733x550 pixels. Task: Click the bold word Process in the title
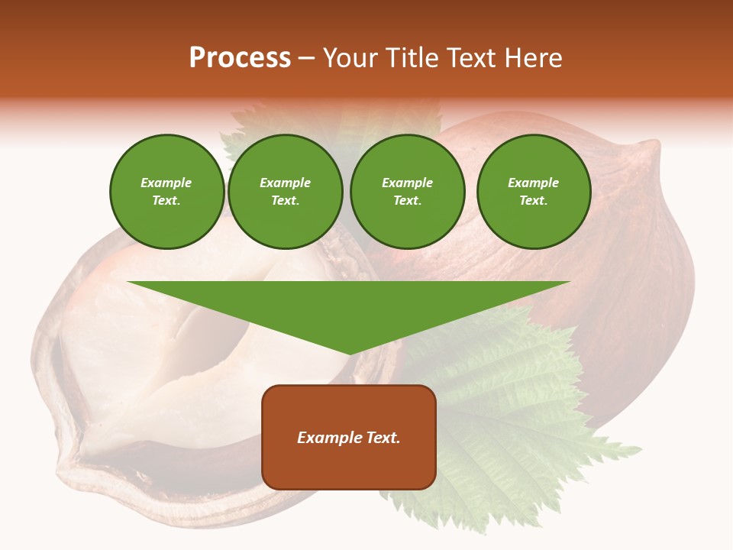(x=240, y=58)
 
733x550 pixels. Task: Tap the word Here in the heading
(x=532, y=58)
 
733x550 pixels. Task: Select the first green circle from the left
(x=166, y=192)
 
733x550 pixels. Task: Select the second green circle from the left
(x=285, y=192)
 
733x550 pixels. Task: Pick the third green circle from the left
(x=407, y=192)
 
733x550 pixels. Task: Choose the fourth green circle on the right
(x=533, y=192)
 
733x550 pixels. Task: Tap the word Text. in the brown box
(x=383, y=438)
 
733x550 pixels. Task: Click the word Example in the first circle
(x=166, y=183)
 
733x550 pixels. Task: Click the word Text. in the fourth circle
(x=533, y=201)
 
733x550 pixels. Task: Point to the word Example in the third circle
(x=407, y=183)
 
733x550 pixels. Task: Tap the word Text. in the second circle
(x=285, y=201)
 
